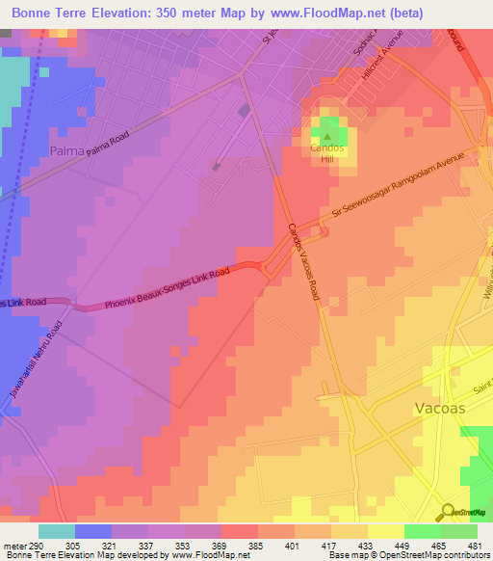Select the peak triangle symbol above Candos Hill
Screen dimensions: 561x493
[325, 137]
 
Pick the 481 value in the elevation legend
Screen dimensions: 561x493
[474, 545]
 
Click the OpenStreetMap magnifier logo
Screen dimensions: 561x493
[445, 512]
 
